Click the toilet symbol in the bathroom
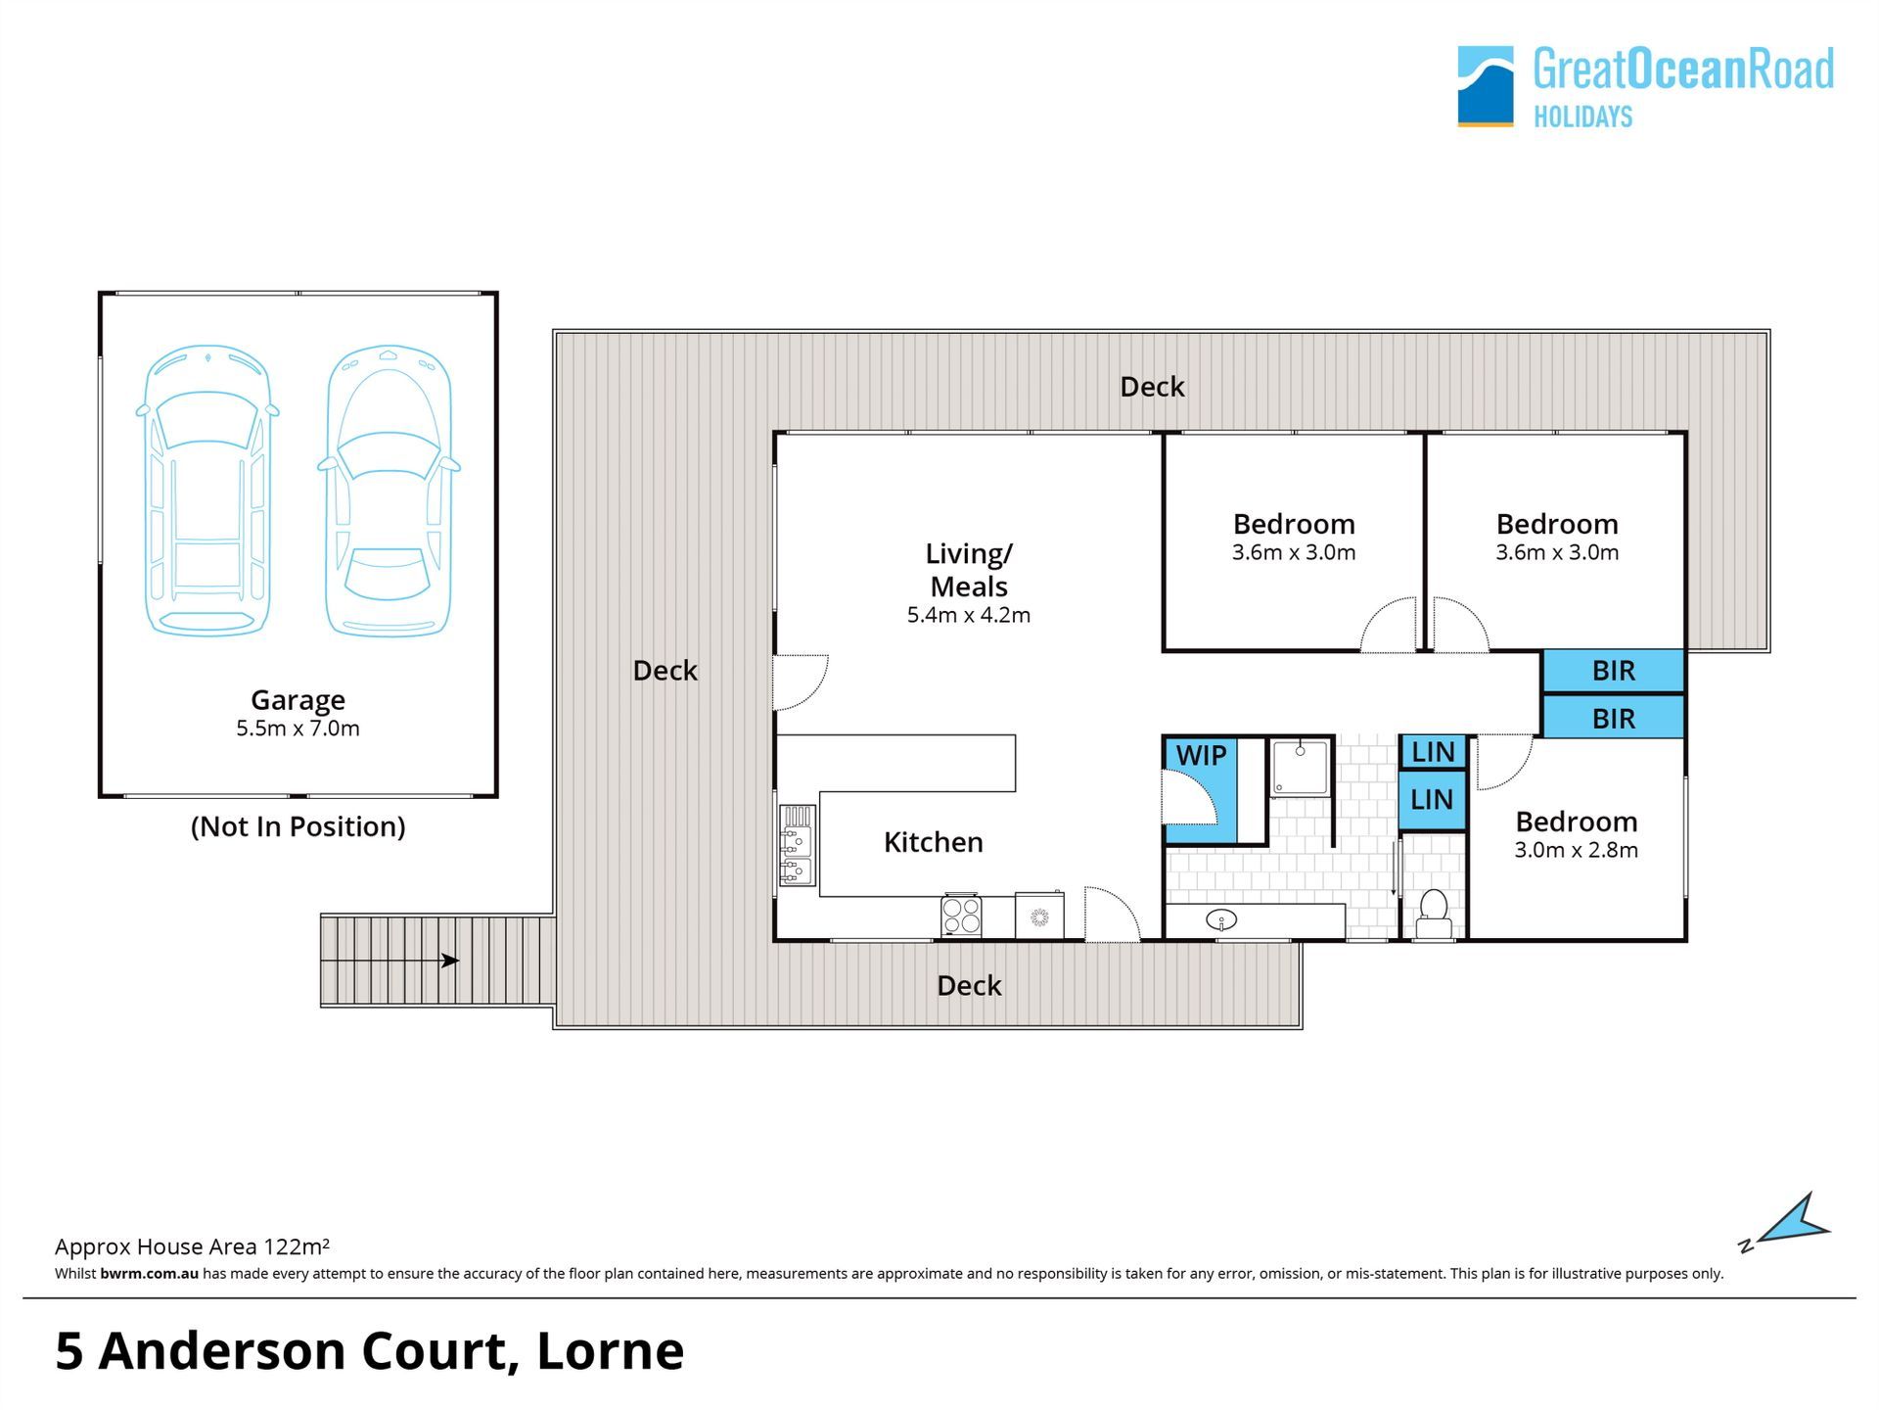[1435, 915]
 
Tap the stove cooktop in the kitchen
[961, 916]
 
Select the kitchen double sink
[797, 846]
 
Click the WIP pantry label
[1201, 755]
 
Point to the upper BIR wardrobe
[1614, 671]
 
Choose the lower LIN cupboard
[1432, 799]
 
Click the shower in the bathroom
[1301, 768]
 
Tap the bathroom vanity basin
[1220, 919]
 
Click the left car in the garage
[207, 491]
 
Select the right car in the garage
[389, 491]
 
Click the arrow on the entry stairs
[390, 961]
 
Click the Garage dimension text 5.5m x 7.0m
[298, 728]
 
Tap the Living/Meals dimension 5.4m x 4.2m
[969, 615]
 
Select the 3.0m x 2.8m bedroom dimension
[1576, 850]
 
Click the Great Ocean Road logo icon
[1486, 86]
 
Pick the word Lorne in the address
[611, 1351]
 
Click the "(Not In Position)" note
[298, 826]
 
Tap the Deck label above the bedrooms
[1152, 387]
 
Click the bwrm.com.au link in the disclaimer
[150, 1274]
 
